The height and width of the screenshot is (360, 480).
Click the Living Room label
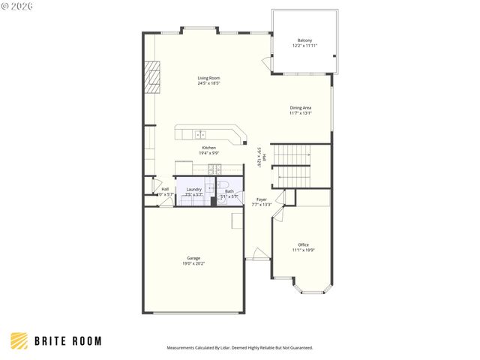click(x=208, y=78)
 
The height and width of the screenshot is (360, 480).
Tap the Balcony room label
click(x=304, y=40)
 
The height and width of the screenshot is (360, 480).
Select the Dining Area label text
click(x=300, y=108)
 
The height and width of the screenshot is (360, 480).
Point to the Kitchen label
click(x=208, y=148)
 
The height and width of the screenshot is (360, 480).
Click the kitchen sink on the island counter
click(x=200, y=135)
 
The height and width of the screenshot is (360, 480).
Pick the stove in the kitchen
click(x=214, y=169)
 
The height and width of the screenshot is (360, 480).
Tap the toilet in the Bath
click(x=223, y=186)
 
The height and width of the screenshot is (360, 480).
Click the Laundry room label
click(x=193, y=190)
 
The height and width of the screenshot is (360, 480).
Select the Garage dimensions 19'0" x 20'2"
click(x=193, y=264)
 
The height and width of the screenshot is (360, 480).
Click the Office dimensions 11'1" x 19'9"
click(x=303, y=250)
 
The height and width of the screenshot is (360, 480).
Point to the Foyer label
click(x=261, y=199)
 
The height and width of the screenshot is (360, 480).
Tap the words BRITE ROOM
click(x=68, y=341)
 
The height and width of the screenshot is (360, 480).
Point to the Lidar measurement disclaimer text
click(x=239, y=348)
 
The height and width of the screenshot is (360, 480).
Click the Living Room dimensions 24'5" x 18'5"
click(x=208, y=83)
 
